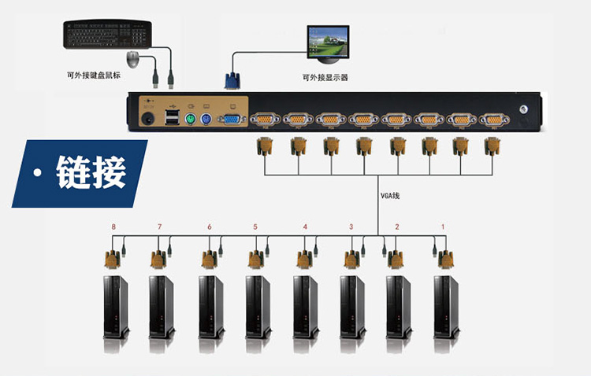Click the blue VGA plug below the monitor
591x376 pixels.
232,81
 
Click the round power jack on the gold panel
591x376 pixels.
147,119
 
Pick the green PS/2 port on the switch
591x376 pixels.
189,120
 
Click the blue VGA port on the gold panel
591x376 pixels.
231,120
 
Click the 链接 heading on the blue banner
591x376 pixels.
91,172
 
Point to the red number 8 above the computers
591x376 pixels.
113,227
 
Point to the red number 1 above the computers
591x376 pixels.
442,227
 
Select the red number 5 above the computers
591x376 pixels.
255,227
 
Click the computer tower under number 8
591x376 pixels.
115,307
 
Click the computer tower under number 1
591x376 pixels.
445,307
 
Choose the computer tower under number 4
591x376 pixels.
304,307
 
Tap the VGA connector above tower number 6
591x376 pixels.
210,259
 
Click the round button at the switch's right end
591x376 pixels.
520,112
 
